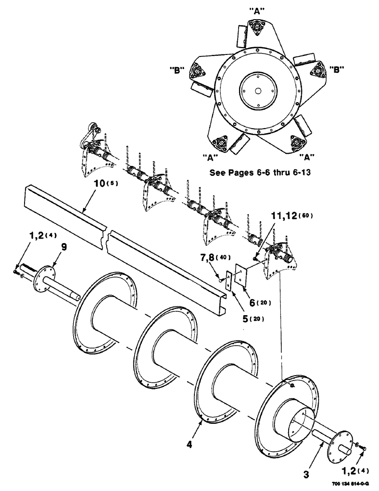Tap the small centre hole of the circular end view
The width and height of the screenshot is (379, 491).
pos(257,91)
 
